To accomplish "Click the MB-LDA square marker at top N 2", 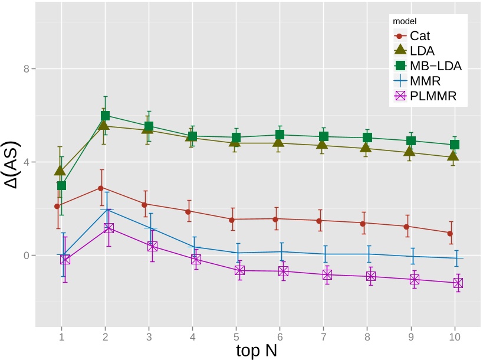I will pos(105,116).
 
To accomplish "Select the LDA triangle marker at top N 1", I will pos(60,171).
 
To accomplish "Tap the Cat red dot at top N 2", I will pos(101,188).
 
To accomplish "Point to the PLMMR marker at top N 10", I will pos(458,283).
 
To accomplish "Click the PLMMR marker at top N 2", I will pos(109,228).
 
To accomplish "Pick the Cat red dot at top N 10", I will pos(449,233).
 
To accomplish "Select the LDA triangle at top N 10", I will pos(453,156).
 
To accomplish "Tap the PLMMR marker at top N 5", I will pos(239,270).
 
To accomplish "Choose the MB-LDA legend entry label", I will pos(435,66).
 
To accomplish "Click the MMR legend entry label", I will pos(425,81).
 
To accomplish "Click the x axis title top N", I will pos(257,350).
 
